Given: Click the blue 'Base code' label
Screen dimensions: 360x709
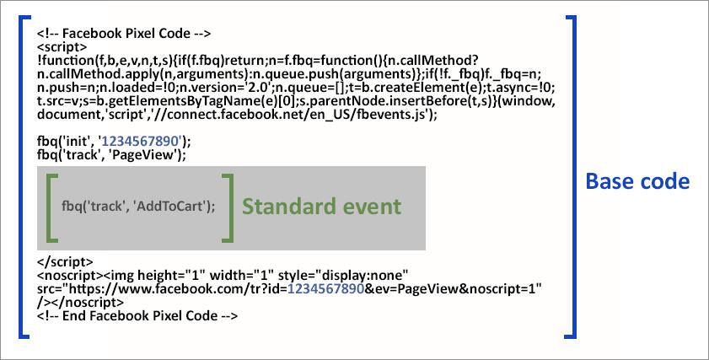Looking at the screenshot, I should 637,181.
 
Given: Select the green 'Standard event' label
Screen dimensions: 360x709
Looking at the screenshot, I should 321,207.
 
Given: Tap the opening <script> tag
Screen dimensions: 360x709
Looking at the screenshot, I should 62,47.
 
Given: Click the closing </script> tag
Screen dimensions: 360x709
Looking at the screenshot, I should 65,262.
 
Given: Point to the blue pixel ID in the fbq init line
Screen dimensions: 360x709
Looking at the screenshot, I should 140,142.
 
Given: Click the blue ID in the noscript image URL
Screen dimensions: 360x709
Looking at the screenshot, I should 326,288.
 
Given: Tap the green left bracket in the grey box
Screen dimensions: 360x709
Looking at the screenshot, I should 51,207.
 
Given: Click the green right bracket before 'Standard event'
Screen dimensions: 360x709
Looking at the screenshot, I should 228,207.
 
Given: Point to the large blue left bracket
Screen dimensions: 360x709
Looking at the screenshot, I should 23,177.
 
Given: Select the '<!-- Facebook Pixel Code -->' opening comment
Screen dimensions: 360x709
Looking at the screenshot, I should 123,34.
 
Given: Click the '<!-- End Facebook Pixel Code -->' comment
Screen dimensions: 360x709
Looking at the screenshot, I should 137,315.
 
